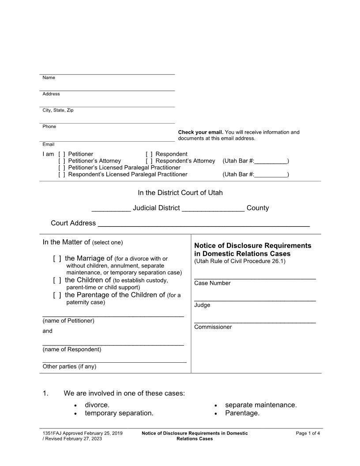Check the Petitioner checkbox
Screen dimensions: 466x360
62,154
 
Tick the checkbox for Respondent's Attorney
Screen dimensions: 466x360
149,161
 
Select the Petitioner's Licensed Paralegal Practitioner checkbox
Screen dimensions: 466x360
62,168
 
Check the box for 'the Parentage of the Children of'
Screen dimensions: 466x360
57,295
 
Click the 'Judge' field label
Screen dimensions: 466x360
202,305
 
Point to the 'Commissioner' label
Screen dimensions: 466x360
213,327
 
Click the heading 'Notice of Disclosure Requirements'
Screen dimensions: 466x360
252,245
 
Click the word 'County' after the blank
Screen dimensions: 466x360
258,208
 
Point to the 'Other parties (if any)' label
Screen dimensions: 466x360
69,367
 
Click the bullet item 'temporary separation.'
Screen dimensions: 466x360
119,413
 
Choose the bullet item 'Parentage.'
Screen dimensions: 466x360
242,413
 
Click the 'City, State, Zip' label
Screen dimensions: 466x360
58,110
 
